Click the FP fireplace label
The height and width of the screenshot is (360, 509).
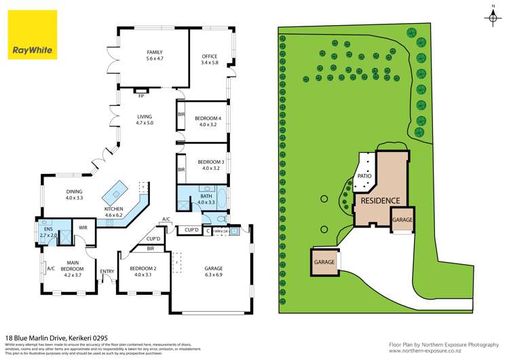point(141,96)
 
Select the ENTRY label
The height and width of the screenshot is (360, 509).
point(107,272)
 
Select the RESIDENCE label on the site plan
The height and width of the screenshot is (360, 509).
point(379,200)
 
